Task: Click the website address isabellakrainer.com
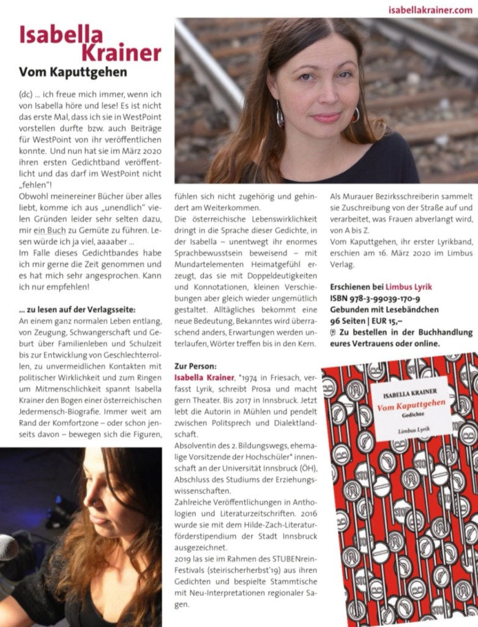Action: pyautogui.click(x=430, y=9)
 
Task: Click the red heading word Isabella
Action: pyautogui.click(x=61, y=35)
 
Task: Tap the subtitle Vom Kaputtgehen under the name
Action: pyautogui.click(x=73, y=72)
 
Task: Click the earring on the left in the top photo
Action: pyautogui.click(x=280, y=113)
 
